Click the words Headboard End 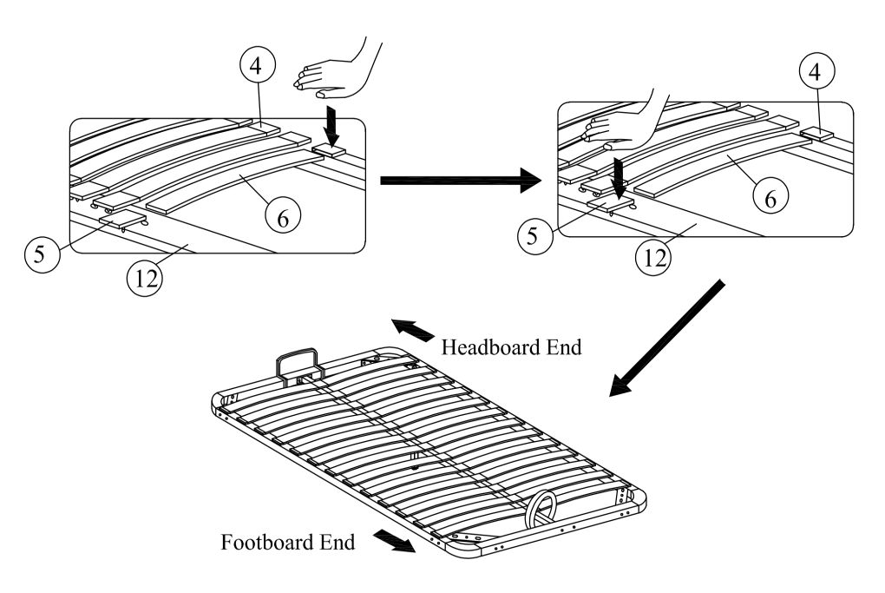coord(511,347)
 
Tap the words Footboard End coord(287,544)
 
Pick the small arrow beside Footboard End coord(392,542)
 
